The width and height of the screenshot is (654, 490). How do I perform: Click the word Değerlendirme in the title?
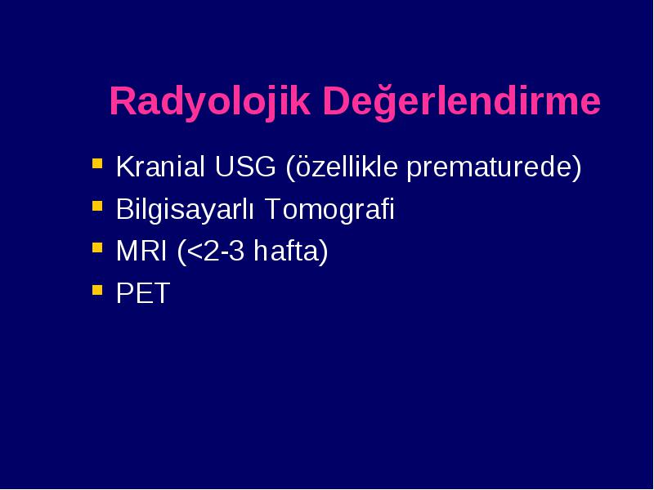461,101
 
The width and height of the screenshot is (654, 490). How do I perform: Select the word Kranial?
160,167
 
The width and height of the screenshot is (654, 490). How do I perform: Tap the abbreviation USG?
245,167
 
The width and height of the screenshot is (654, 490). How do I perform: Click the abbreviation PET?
143,293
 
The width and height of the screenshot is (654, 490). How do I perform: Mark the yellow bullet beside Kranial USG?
97,163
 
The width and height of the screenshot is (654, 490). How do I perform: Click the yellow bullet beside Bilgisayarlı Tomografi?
97,206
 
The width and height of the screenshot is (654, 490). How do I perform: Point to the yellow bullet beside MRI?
97,247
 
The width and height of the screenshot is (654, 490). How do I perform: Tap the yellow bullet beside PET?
97,290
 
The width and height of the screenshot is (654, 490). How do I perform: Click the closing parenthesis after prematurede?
576,168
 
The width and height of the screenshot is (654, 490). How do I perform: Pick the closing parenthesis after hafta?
323,252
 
